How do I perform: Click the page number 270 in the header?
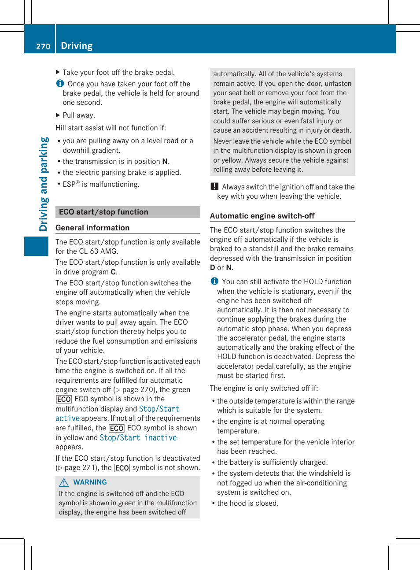tap(43, 46)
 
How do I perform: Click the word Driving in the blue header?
tap(77, 46)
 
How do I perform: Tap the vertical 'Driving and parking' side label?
tap(44, 184)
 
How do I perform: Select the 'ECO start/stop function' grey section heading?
tap(103, 212)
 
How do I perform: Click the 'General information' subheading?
tap(92, 228)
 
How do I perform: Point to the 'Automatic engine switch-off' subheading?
tap(262, 216)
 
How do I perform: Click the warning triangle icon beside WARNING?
tap(64, 482)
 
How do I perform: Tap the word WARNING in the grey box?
tap(90, 482)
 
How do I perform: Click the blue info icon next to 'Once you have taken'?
tap(60, 83)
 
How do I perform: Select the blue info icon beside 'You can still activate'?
tap(214, 281)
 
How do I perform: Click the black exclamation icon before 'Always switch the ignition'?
tap(214, 187)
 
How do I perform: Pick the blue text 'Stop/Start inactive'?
tap(138, 437)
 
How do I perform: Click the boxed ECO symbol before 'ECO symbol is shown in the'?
tap(64, 399)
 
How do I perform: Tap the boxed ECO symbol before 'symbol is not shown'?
tap(122, 468)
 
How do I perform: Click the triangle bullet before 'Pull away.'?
tap(58, 115)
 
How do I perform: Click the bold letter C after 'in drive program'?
tap(113, 272)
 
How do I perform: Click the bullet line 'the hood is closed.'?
tap(247, 503)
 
